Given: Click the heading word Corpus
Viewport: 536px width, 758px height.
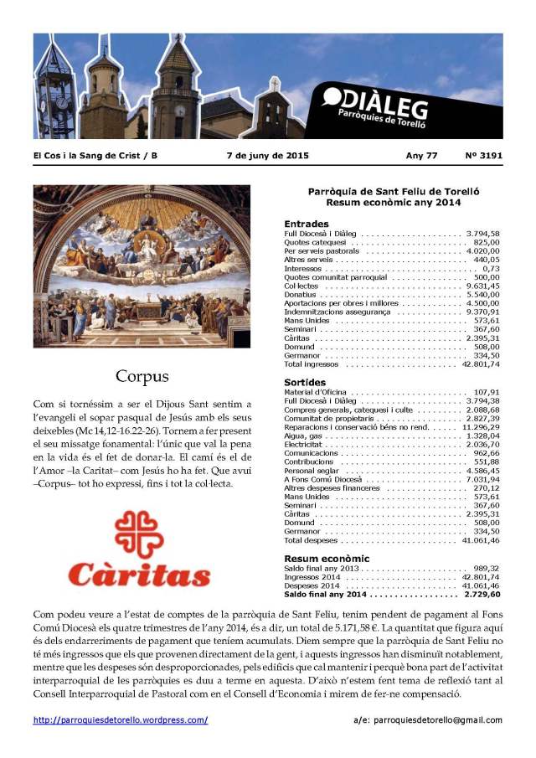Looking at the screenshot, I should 142,376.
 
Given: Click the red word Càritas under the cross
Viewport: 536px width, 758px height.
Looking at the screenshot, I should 139,575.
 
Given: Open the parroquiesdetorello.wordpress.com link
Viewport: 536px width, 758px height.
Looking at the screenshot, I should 121,720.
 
